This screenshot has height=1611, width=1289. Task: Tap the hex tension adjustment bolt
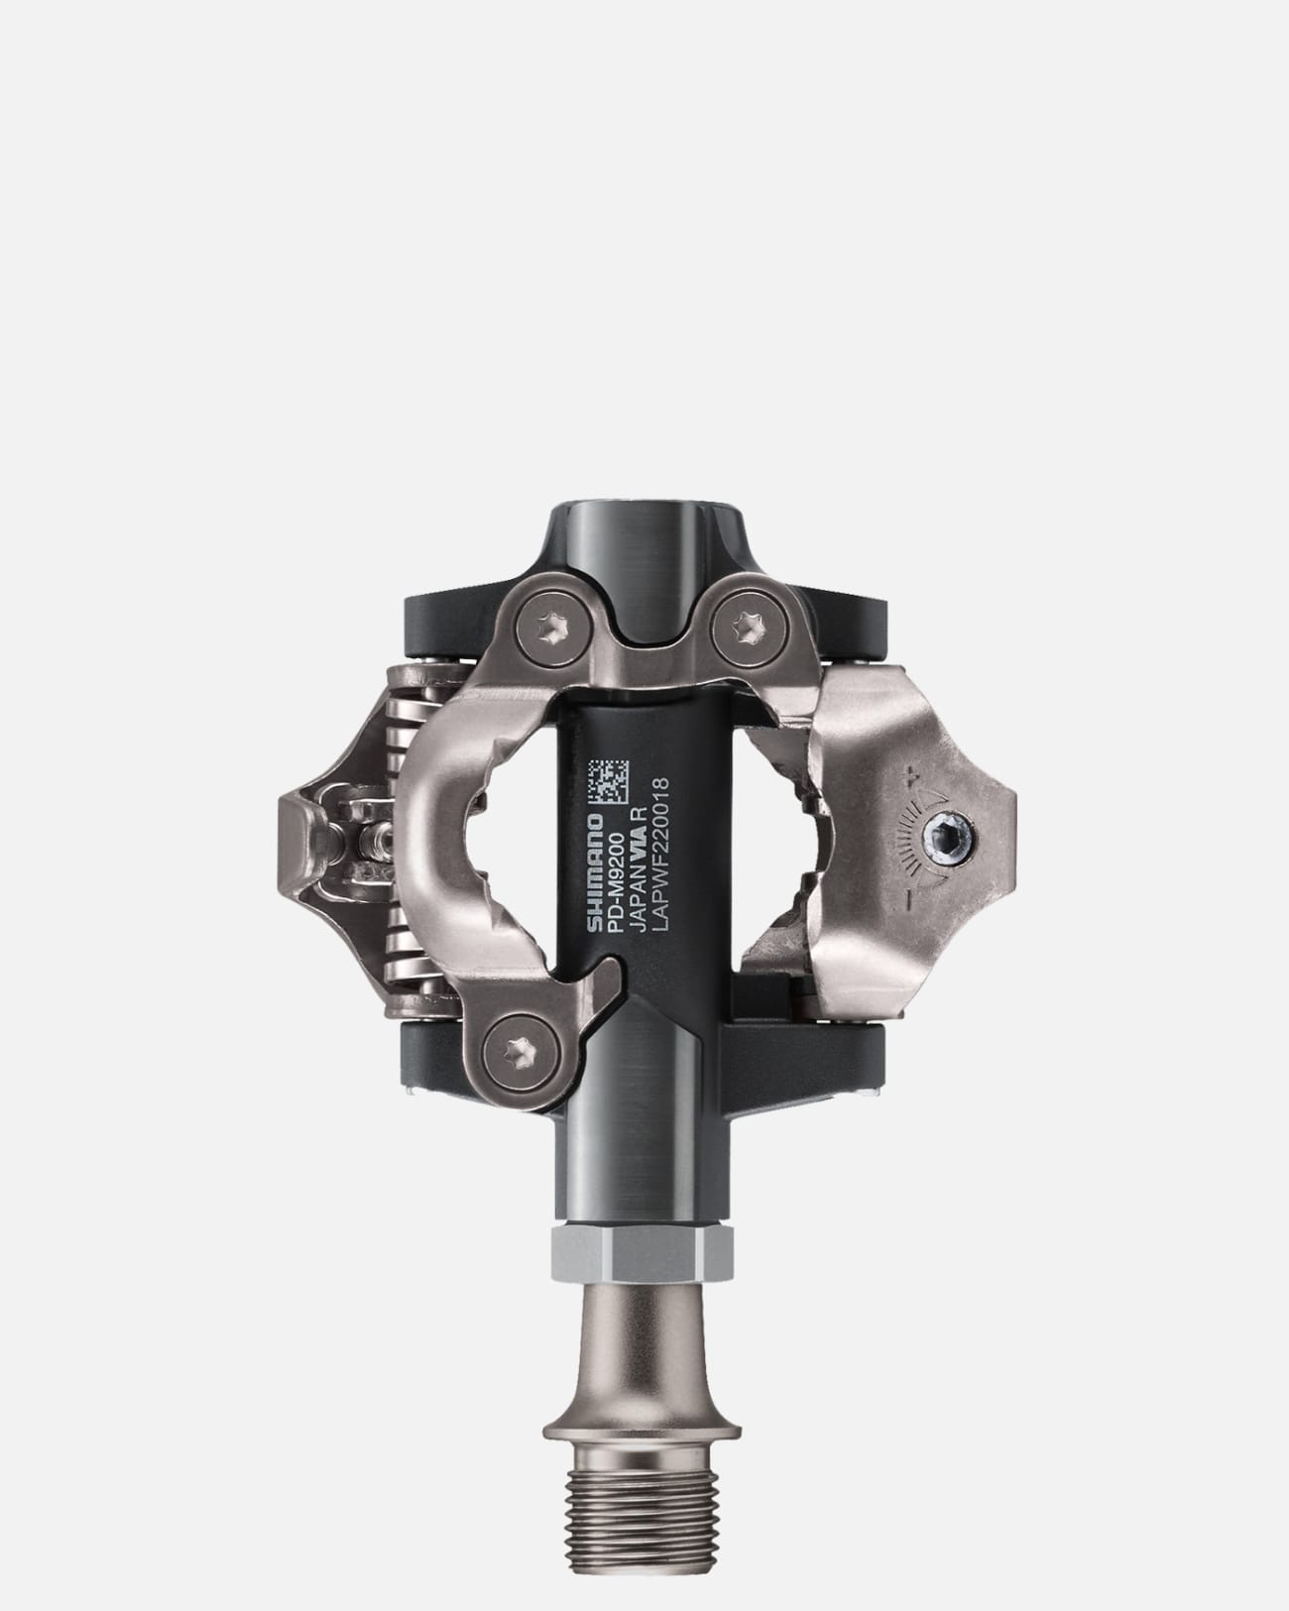pos(952,843)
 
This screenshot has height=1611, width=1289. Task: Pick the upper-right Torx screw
pos(743,625)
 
